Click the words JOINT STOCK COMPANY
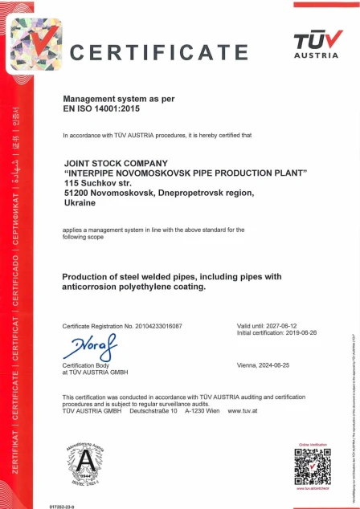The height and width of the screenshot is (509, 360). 112,164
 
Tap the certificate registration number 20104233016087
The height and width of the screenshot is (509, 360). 156,326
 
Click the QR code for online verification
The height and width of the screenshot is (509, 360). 313,466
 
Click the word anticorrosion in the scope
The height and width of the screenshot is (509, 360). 92,287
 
